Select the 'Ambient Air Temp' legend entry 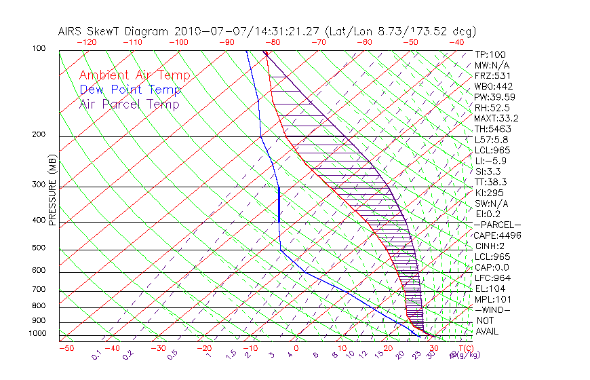[134, 76]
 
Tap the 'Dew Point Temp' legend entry [130, 90]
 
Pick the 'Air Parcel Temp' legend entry [129, 104]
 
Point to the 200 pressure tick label [39, 134]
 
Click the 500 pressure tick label [39, 248]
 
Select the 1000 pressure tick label [37, 333]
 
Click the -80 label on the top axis [273, 42]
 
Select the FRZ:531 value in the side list [490, 76]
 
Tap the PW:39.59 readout [492, 97]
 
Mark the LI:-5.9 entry [489, 161]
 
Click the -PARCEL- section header [497, 225]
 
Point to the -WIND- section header [493, 309]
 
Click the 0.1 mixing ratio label [96, 355]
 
